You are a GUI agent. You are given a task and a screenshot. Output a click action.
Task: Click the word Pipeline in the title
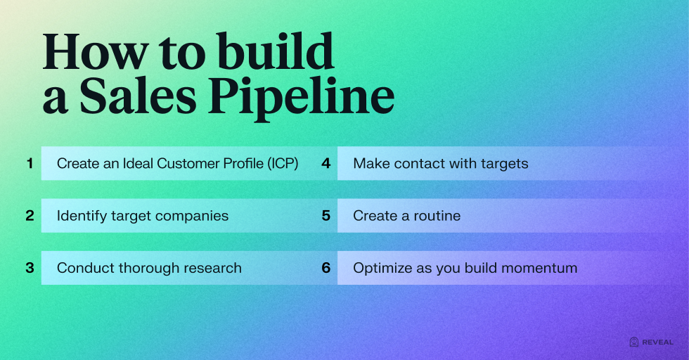point(301,97)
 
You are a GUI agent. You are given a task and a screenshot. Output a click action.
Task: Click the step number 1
point(30,164)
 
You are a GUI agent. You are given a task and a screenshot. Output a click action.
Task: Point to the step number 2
point(30,215)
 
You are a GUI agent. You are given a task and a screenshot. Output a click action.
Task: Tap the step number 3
point(30,268)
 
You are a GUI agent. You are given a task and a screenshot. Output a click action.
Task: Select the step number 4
point(326,164)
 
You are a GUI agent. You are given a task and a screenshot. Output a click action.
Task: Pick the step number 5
point(326,215)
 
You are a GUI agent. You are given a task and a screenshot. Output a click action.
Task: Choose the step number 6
point(326,268)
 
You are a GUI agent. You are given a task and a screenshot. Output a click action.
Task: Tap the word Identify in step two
point(82,216)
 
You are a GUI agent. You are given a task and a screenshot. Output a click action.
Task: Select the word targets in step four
point(505,164)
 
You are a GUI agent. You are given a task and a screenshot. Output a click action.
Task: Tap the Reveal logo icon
point(633,342)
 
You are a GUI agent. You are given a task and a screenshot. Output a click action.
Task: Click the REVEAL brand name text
point(657,342)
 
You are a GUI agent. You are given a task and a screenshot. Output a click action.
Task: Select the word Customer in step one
point(188,164)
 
